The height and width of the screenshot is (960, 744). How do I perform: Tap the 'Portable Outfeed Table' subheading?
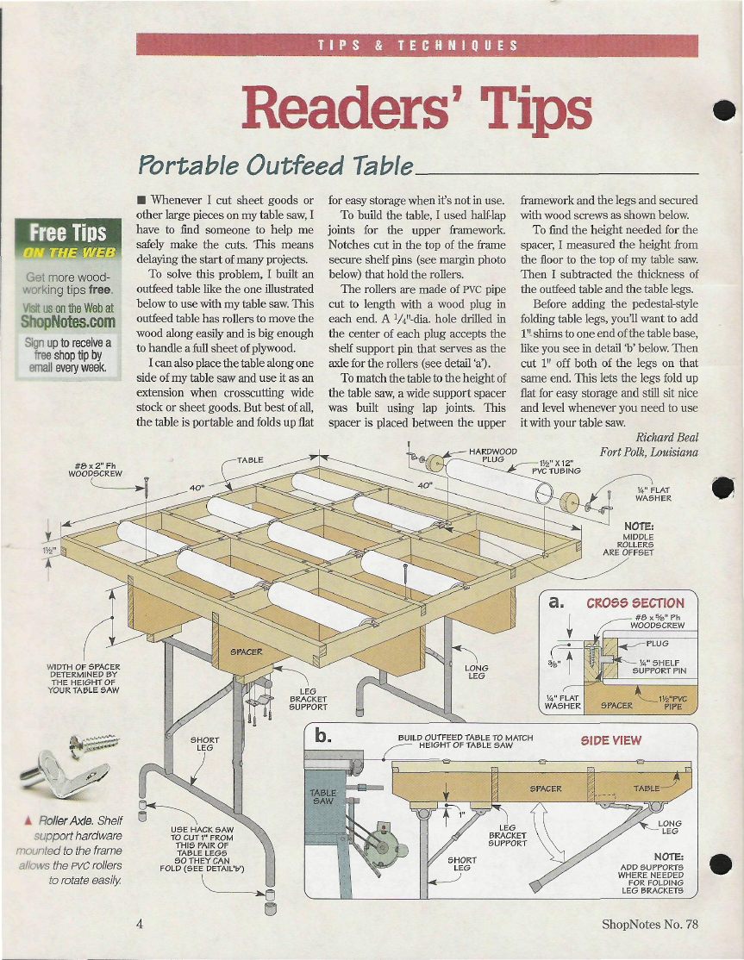tap(276, 165)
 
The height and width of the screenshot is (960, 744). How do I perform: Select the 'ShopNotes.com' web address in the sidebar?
tap(68, 321)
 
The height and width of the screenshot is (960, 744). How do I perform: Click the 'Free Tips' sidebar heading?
tap(68, 233)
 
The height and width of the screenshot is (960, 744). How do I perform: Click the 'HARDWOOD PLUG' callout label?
tap(493, 455)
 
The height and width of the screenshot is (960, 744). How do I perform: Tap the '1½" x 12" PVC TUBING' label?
tap(556, 467)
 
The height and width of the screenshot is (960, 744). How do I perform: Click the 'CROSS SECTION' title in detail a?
tap(635, 603)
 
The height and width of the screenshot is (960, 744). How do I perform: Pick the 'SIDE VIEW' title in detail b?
tap(611, 740)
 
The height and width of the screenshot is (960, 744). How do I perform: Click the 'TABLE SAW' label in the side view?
tap(322, 796)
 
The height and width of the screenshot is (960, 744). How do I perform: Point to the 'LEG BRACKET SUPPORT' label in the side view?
tap(508, 835)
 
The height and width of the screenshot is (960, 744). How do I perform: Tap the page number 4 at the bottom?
tap(140, 924)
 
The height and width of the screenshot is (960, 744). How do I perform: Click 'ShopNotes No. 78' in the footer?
tap(650, 924)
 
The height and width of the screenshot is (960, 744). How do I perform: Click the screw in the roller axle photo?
tap(94, 745)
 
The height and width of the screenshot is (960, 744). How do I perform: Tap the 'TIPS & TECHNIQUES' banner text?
tap(417, 46)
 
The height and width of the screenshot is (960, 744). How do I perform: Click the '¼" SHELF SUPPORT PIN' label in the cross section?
tap(659, 667)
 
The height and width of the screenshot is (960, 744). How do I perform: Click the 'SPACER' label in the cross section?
tap(616, 705)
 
